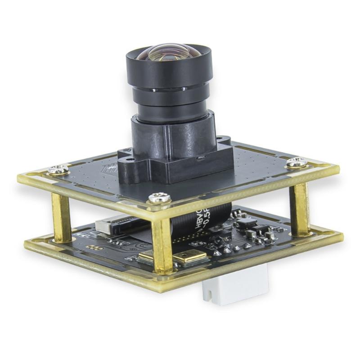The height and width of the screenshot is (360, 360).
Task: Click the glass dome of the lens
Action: pyautogui.click(x=169, y=53)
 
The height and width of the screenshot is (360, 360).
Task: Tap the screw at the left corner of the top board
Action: pyautogui.click(x=58, y=170)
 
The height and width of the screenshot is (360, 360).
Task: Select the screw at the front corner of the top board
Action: pyautogui.click(x=160, y=197)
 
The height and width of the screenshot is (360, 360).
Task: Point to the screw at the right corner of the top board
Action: pyautogui.click(x=297, y=162)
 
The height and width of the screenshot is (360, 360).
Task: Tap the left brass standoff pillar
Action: pyautogui.click(x=61, y=216)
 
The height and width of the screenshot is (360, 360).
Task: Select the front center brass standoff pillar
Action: pyautogui.click(x=162, y=245)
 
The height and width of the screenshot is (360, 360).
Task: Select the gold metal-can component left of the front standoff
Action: pyautogui.click(x=146, y=258)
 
